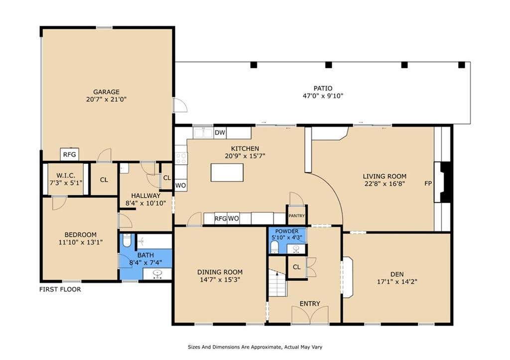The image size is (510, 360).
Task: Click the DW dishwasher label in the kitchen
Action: coord(220,132)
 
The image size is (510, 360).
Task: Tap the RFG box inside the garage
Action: coord(69,154)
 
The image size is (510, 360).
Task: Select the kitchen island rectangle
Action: coord(227,172)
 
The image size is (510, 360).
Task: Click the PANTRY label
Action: coord(297,216)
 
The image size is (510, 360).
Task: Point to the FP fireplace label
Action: coord(428,183)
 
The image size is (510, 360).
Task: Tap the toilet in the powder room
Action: coord(275,247)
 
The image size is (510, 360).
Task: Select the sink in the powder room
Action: coord(296,249)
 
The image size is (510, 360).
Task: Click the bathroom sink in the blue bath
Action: coord(157,274)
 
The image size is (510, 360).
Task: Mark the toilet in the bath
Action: coord(127,240)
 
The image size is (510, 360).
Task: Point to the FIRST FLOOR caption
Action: coord(60,289)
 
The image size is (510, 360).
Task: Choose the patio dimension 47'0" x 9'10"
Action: coord(323,96)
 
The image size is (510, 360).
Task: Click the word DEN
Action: coord(397,274)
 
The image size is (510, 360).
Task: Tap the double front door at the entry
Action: coord(310,315)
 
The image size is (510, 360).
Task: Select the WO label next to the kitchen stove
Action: coord(180,185)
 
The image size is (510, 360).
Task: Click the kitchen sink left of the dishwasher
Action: coord(203,132)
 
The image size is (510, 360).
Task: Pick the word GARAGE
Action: coord(107,92)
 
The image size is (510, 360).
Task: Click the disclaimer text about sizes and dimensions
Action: coord(255,347)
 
